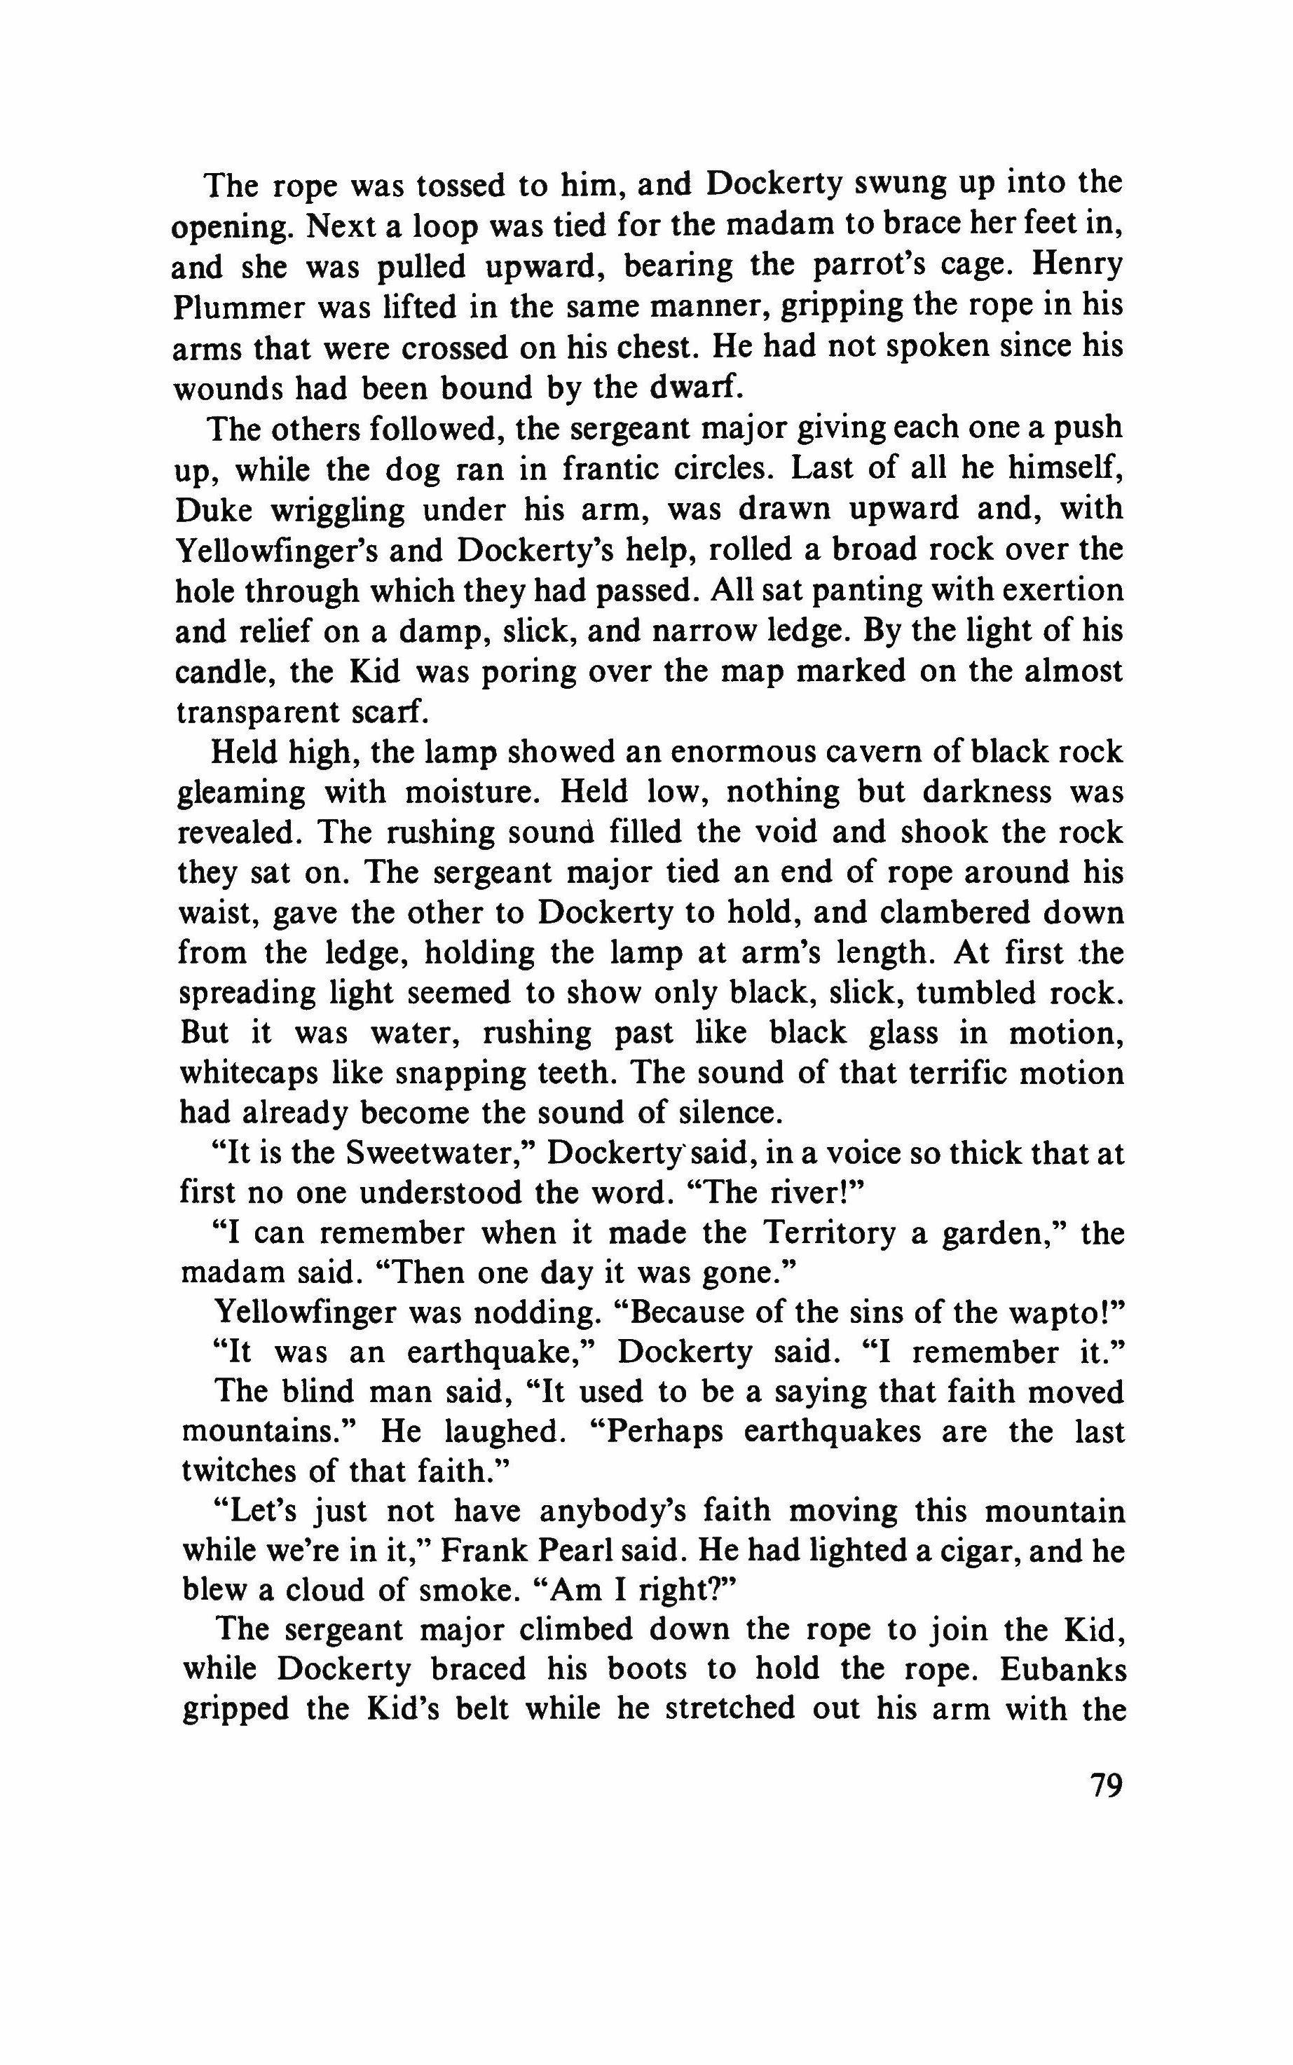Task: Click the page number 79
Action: point(1105,1786)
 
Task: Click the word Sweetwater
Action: point(440,1154)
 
